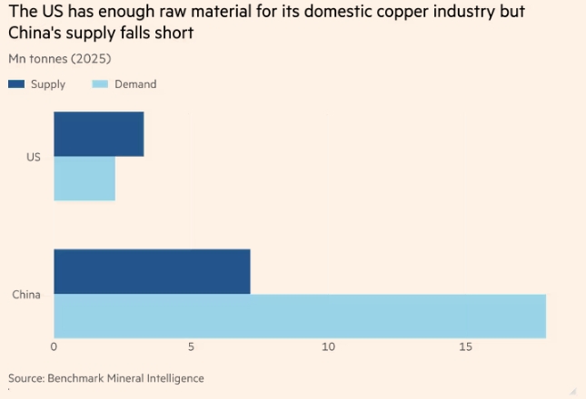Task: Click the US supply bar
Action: point(98,134)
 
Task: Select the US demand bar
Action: point(84,178)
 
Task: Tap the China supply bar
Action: point(152,271)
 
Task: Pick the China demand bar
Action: point(299,316)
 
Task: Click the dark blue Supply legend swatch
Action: point(16,84)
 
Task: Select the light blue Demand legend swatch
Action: point(100,84)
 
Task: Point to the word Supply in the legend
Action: point(48,84)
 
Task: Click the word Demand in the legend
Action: point(136,84)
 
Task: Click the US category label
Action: point(34,157)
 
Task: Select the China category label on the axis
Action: point(26,295)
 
